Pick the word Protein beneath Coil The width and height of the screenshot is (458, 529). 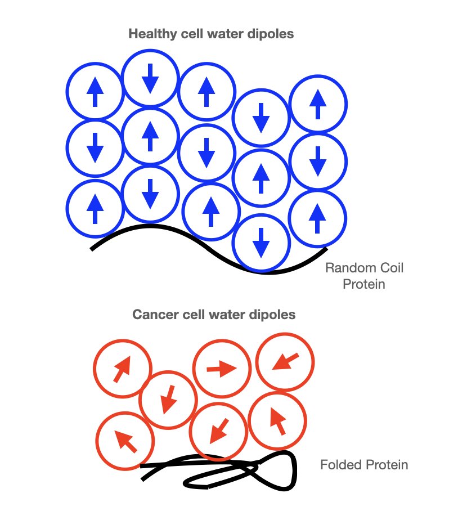pyautogui.click(x=365, y=284)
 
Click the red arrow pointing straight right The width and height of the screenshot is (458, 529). pyautogui.click(x=221, y=369)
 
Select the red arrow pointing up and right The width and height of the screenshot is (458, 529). pyautogui.click(x=122, y=369)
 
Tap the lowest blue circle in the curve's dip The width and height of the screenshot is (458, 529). pyautogui.click(x=261, y=243)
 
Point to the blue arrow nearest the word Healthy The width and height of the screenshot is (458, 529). pyautogui.click(x=150, y=78)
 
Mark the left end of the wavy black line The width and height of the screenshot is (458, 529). pyautogui.click(x=92, y=248)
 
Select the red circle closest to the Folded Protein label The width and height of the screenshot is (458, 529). pyautogui.click(x=277, y=420)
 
